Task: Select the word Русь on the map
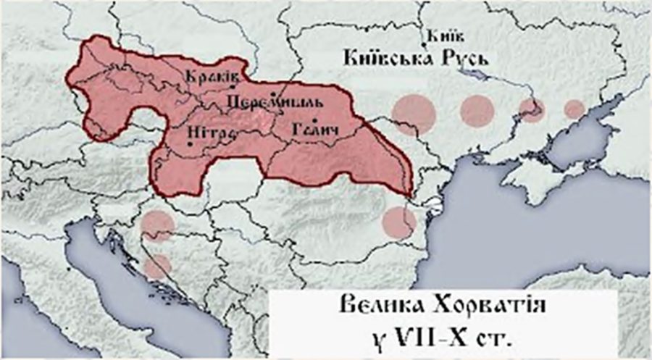(472, 56)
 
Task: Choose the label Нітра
(206, 131)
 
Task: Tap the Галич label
(316, 131)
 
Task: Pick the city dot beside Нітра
(190, 143)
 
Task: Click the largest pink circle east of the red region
(414, 114)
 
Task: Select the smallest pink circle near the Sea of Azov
(574, 109)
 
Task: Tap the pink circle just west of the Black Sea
(399, 222)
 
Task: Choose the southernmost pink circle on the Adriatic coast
(156, 266)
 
